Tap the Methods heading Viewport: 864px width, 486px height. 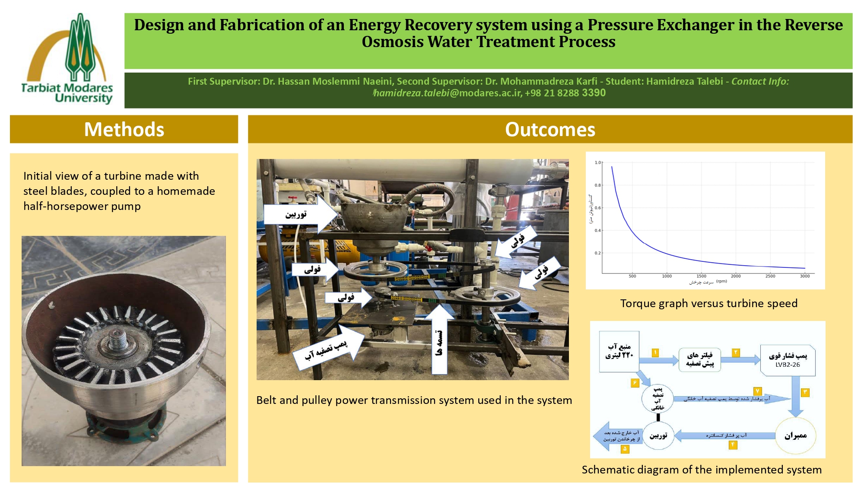coord(124,129)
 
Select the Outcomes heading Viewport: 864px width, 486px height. coord(550,129)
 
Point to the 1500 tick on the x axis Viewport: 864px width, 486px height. coord(701,276)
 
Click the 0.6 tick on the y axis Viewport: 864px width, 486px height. coord(597,208)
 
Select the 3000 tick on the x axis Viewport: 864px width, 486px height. coord(804,276)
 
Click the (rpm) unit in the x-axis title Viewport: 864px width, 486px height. coord(721,281)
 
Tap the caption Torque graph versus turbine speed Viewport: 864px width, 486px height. coord(708,303)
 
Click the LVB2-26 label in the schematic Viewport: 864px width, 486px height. coord(788,365)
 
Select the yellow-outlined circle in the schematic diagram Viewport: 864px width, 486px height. coord(795,435)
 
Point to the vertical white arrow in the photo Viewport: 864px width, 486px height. coord(439,339)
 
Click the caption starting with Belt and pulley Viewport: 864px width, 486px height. coord(414,400)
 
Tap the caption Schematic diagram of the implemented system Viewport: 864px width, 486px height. coord(702,470)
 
